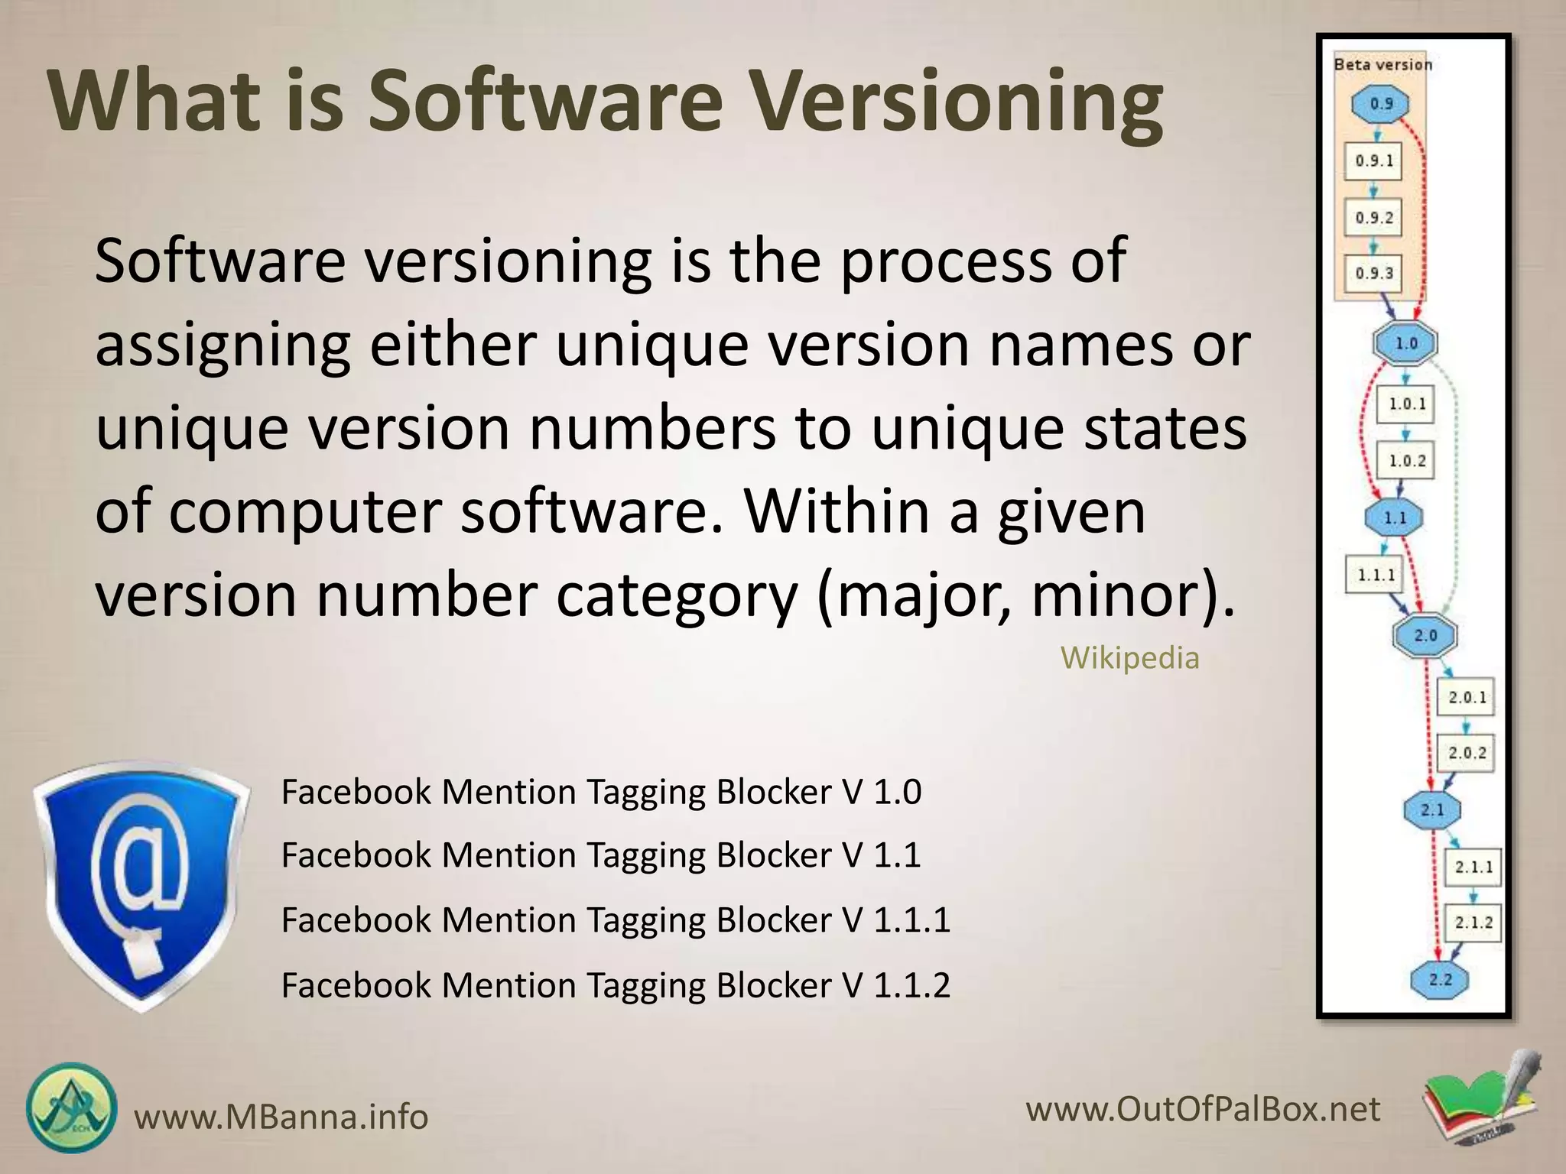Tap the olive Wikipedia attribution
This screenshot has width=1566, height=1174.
pos(1129,657)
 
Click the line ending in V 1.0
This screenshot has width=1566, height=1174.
pos(601,792)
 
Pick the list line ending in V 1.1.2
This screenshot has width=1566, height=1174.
pos(616,985)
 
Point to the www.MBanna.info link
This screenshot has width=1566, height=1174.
pos(281,1117)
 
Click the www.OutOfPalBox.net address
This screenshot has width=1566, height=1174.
pos(1203,1109)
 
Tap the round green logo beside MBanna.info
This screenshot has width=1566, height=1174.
pos(72,1108)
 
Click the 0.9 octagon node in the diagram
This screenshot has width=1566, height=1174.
pos(1381,104)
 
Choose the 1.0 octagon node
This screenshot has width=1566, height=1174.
pos(1406,343)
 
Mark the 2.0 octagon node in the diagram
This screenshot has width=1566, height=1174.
pos(1425,635)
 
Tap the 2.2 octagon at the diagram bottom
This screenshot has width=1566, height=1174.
pos(1440,979)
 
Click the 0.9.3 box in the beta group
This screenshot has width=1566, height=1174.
pos(1374,273)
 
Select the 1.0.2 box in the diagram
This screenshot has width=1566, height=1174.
pos(1407,461)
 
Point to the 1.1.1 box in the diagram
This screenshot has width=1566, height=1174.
pos(1376,575)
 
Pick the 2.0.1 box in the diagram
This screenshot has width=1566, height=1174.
pos(1467,697)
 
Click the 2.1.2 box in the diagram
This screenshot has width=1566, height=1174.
pos(1473,923)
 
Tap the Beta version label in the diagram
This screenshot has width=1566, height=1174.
pos(1382,65)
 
